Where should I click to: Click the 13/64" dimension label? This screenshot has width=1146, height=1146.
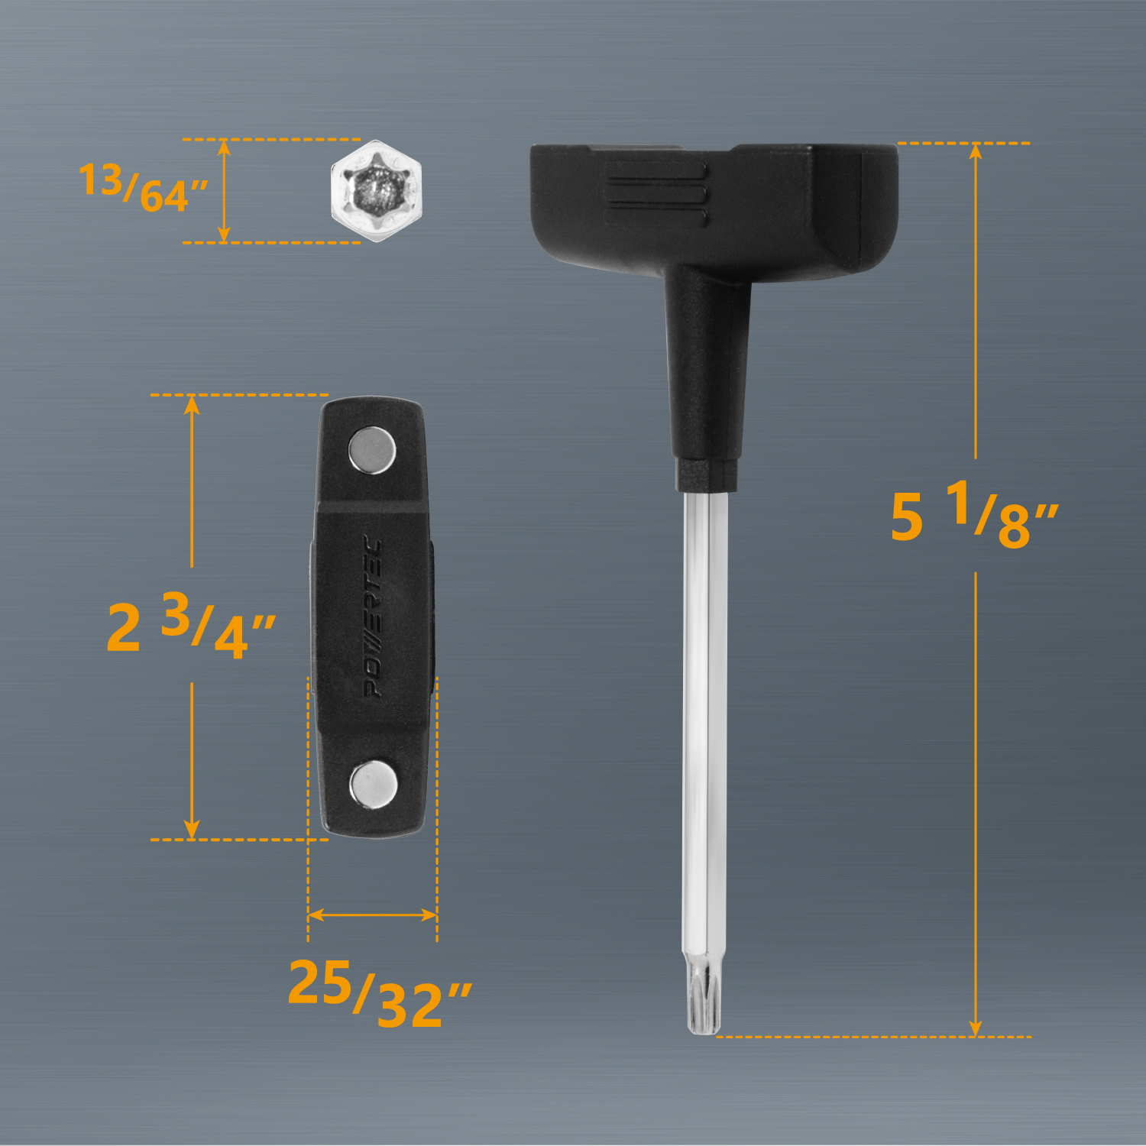click(x=143, y=188)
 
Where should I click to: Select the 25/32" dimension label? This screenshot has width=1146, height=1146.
click(x=380, y=992)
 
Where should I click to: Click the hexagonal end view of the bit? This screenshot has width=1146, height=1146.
click(x=376, y=191)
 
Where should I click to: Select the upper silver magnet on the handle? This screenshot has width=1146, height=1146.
click(x=372, y=451)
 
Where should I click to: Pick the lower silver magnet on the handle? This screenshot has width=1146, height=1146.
click(x=373, y=784)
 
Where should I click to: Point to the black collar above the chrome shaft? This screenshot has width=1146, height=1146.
click(x=707, y=474)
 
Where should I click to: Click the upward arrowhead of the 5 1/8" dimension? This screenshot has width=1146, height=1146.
click(x=976, y=151)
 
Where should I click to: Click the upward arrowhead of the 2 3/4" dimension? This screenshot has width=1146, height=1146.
click(x=192, y=404)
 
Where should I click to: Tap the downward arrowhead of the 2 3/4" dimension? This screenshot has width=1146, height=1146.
click(x=192, y=830)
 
